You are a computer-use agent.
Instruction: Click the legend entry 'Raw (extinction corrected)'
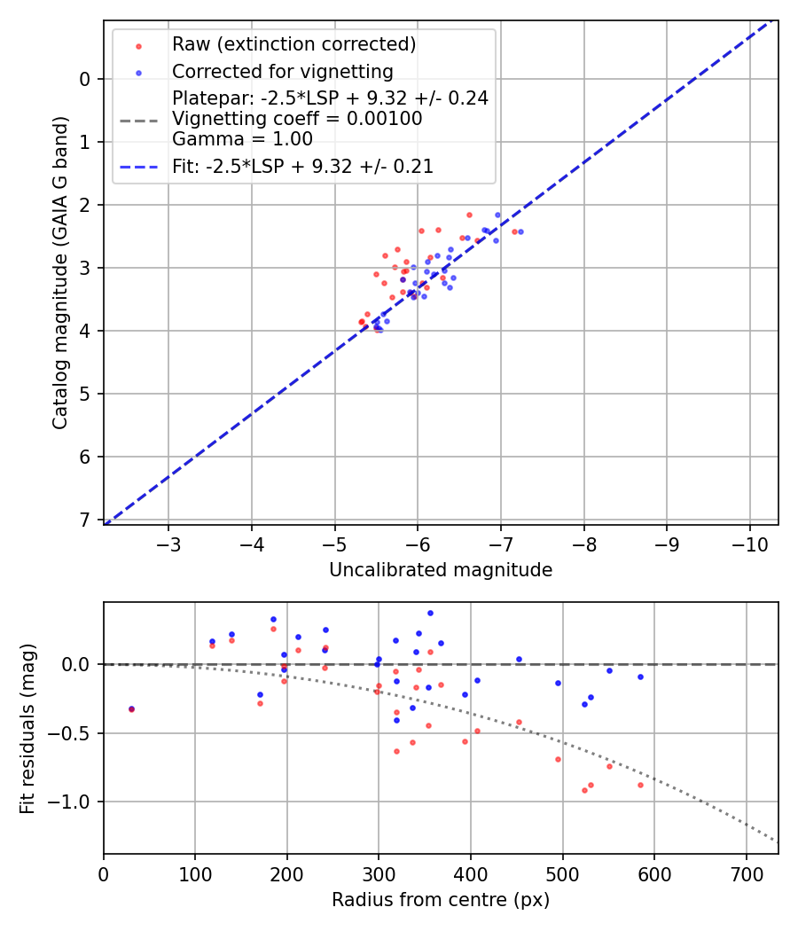pos(293,44)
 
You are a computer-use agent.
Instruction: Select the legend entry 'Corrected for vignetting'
pos(282,71)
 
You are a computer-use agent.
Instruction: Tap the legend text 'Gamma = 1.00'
pos(242,138)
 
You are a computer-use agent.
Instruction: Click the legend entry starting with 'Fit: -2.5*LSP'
pos(302,167)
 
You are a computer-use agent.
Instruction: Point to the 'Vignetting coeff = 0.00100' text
pos(296,118)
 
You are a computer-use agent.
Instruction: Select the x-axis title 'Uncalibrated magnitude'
pos(441,570)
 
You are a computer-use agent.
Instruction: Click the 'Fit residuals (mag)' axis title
pos(27,727)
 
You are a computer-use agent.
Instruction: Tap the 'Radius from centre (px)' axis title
pos(441,900)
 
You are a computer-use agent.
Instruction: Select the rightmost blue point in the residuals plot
pos(640,677)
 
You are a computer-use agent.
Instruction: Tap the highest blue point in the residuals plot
pos(430,613)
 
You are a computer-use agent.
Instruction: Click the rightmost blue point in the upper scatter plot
pos(520,231)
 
